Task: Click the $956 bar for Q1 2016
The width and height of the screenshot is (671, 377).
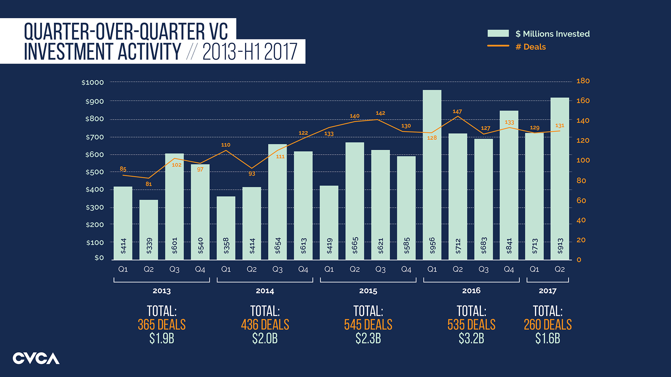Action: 432,175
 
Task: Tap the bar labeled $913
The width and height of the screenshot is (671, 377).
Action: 560,178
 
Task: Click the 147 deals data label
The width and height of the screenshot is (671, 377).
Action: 457,111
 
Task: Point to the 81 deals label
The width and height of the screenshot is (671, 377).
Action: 149,184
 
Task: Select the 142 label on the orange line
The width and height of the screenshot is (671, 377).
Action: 380,113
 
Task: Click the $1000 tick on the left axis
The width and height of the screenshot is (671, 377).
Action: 93,83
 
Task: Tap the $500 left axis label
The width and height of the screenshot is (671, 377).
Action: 94,172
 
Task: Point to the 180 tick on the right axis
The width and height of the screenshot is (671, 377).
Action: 583,81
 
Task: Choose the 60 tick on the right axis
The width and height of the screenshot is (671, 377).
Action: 581,201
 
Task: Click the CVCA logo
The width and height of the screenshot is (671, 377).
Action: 36,358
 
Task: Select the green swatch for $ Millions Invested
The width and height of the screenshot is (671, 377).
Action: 498,34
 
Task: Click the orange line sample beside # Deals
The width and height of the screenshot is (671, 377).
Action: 498,46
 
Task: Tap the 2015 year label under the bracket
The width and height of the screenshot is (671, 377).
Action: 368,291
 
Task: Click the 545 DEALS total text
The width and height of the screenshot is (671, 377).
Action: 368,325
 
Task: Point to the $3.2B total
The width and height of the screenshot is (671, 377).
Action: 471,338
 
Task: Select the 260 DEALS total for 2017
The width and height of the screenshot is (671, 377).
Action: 547,325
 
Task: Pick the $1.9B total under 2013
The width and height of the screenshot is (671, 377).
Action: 161,338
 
